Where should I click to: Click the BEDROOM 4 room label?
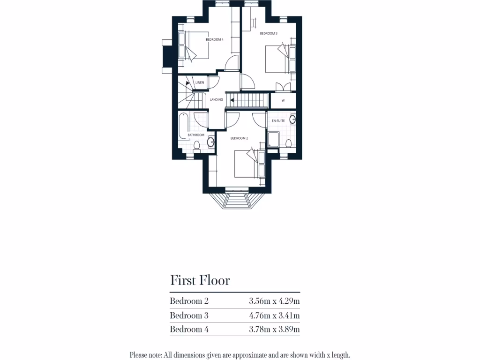click(x=215, y=40)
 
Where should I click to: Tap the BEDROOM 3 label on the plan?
click(x=269, y=33)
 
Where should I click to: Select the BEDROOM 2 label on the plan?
click(x=239, y=138)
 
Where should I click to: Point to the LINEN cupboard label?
click(x=200, y=82)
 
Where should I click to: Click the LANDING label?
click(x=216, y=100)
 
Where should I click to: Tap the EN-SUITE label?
click(x=278, y=121)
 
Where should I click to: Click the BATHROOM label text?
click(x=196, y=135)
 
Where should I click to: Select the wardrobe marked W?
click(x=283, y=101)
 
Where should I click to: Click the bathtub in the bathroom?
click(x=183, y=125)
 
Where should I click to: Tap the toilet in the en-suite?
click(x=288, y=143)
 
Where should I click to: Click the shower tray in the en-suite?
click(x=273, y=139)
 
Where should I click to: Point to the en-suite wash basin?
click(x=293, y=120)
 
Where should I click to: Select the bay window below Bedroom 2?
click(x=236, y=199)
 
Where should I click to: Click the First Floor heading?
click(x=200, y=280)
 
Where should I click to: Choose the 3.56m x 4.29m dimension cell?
click(x=274, y=301)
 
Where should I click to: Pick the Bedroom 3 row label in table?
click(x=189, y=315)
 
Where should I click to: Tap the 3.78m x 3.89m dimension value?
click(x=274, y=330)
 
